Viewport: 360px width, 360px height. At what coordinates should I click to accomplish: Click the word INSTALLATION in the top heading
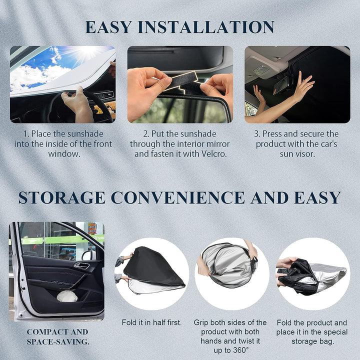tap(206, 27)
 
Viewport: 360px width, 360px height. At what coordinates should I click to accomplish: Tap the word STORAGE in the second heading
tap(61, 197)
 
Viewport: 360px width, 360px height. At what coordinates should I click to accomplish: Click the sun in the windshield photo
tap(87, 51)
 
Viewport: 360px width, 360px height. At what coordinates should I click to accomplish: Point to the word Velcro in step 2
tap(214, 154)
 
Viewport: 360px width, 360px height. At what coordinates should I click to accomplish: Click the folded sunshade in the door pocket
tap(67, 296)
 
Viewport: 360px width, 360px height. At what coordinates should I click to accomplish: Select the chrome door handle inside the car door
tap(81, 265)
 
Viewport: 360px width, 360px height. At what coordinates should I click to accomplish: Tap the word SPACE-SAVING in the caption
tap(58, 342)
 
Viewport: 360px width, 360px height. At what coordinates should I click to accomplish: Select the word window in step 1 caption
tap(64, 154)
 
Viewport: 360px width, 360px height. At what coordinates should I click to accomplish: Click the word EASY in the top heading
tap(108, 27)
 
